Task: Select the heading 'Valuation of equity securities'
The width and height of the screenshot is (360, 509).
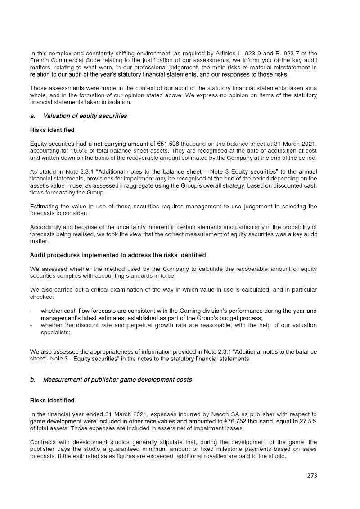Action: (x=85, y=116)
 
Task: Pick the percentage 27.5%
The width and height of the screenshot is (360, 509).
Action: (x=308, y=421)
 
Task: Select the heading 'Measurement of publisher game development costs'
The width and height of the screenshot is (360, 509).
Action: (x=117, y=380)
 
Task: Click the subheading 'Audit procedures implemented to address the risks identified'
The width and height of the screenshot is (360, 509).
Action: (x=118, y=255)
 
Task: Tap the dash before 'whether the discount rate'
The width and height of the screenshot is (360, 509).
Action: (x=31, y=325)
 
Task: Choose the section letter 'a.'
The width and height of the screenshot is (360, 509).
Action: (x=33, y=116)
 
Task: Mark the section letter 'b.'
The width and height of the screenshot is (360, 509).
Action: (x=33, y=380)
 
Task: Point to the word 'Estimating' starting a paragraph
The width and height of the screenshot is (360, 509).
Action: (x=43, y=207)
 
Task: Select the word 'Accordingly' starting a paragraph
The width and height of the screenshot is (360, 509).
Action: (x=45, y=227)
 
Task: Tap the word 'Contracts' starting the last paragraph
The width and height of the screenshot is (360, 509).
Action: (x=43, y=442)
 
